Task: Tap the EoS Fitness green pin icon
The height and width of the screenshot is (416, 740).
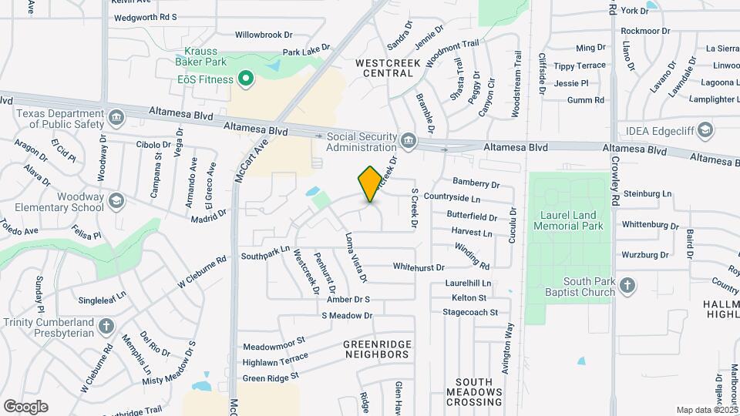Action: pyautogui.click(x=246, y=78)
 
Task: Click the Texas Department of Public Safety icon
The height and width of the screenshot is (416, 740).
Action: pyautogui.click(x=116, y=118)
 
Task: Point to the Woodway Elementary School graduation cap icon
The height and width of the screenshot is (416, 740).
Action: pyautogui.click(x=116, y=202)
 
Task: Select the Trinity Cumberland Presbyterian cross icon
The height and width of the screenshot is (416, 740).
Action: pyautogui.click(x=106, y=327)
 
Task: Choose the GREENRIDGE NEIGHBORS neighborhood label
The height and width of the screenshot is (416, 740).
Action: pyautogui.click(x=377, y=349)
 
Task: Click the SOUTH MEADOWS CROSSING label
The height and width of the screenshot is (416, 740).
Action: pyautogui.click(x=479, y=391)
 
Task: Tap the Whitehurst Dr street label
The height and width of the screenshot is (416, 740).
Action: pyautogui.click(x=419, y=267)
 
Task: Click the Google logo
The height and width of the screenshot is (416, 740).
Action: pyautogui.click(x=25, y=406)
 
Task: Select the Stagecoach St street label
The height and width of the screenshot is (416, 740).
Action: pyautogui.click(x=476, y=312)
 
